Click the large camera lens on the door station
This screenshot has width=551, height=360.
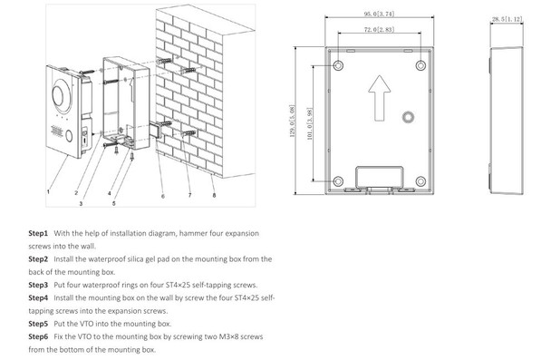click(x=64, y=94)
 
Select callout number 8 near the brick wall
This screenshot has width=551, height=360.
click(x=215, y=194)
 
